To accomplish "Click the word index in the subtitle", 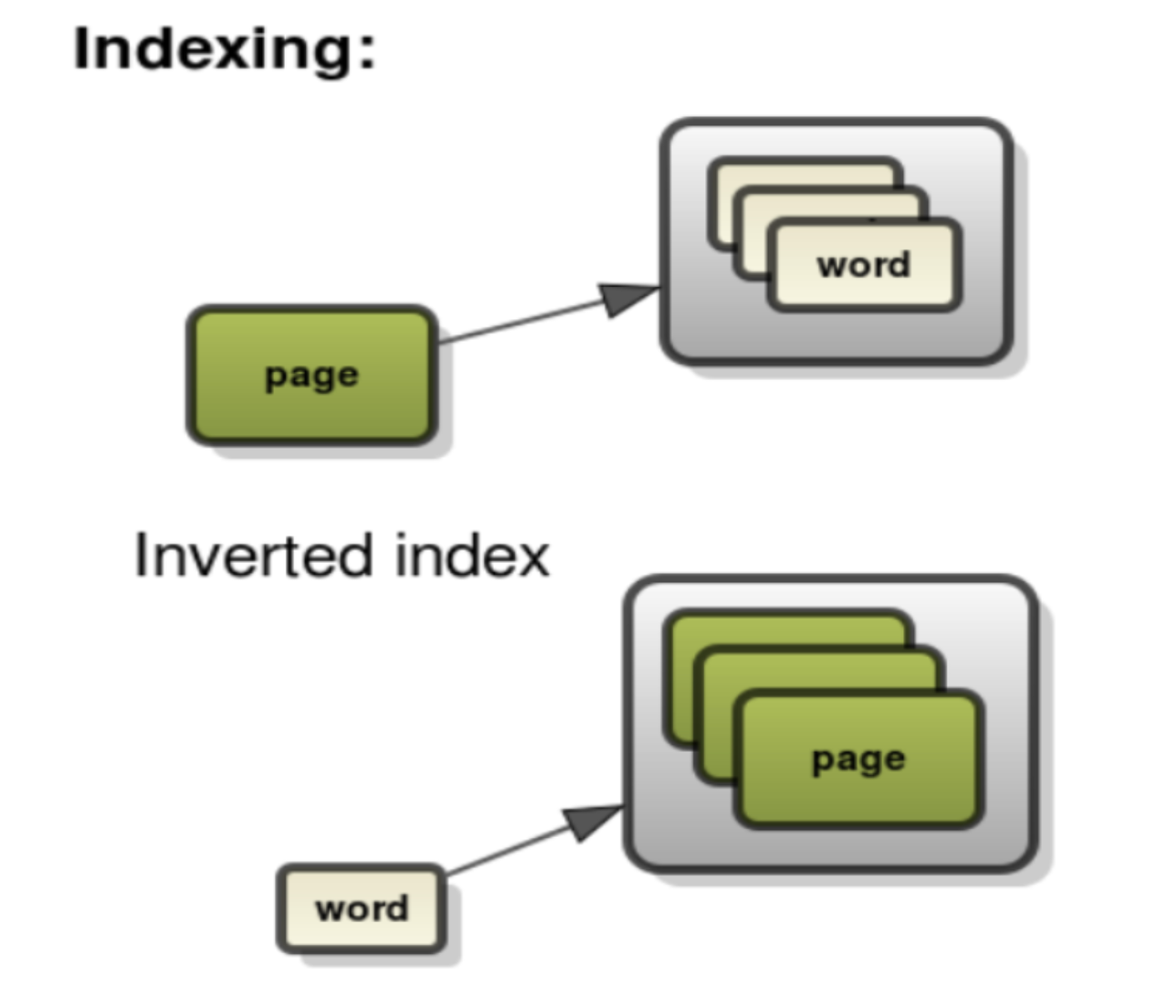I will click(472, 556).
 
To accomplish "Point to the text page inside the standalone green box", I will click(312, 376).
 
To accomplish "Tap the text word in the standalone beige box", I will click(361, 909).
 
